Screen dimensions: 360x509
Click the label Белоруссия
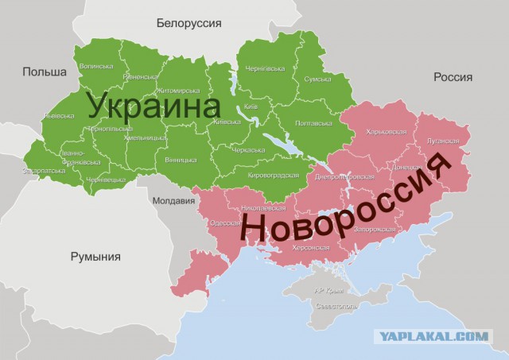pos(188,22)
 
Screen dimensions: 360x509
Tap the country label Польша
pos(45,72)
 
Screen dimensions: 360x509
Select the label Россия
pos(453,77)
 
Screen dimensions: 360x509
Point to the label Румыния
pos(95,256)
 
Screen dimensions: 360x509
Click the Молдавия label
pos(172,200)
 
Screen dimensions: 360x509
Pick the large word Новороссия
pos(346,206)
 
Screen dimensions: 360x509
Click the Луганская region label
pos(441,140)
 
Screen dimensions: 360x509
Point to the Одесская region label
pos(225,223)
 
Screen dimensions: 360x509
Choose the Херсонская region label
pos(310,247)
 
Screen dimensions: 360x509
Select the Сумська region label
pos(317,80)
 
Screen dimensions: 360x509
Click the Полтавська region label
pos(313,123)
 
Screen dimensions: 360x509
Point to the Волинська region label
pos(95,66)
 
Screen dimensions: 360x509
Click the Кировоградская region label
pos(273,175)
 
